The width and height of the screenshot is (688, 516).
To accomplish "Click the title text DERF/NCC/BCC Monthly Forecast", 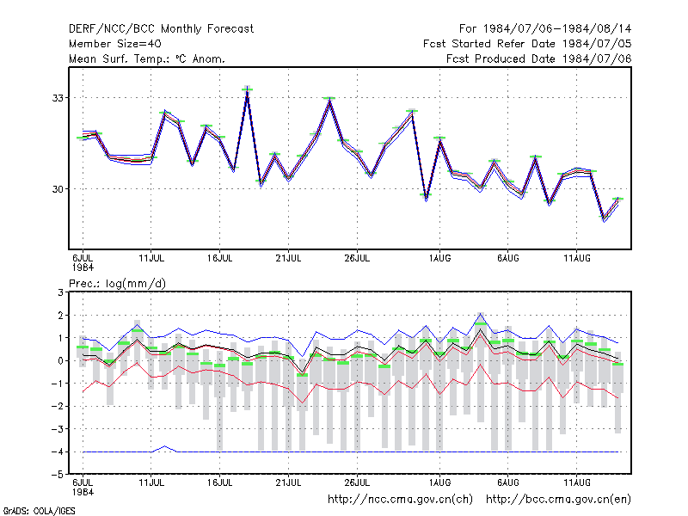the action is click(x=161, y=29).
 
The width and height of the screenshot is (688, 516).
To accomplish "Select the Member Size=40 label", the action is click(x=115, y=44).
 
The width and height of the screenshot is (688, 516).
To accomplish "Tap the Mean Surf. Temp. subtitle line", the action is click(x=147, y=58).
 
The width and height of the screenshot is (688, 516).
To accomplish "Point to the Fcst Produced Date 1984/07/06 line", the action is click(x=539, y=58).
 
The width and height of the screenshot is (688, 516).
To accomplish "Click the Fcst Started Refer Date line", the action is click(x=527, y=44).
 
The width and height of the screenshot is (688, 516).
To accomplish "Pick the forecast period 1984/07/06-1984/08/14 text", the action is click(x=545, y=29).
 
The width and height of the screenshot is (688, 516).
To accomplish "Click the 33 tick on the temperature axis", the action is click(x=58, y=98).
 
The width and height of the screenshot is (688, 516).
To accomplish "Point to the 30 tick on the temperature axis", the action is click(x=58, y=189).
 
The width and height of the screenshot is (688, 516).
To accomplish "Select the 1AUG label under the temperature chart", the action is click(x=439, y=259).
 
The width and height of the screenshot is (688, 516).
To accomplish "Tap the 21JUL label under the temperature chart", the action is click(x=288, y=259).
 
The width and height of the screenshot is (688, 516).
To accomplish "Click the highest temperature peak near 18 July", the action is click(x=248, y=88).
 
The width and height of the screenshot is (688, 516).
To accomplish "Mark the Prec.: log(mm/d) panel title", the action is click(x=117, y=284).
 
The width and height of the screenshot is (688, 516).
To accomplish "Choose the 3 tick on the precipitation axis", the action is click(x=60, y=292).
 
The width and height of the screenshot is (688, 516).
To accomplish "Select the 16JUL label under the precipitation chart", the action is click(x=220, y=482).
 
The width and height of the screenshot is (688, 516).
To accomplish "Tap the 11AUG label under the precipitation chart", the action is click(x=577, y=482).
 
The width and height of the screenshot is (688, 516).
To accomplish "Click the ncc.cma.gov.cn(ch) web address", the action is click(x=400, y=500).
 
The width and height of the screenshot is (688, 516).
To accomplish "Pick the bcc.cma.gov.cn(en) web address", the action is click(x=558, y=500).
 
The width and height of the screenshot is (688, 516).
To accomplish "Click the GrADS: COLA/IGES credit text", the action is click(x=39, y=511).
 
